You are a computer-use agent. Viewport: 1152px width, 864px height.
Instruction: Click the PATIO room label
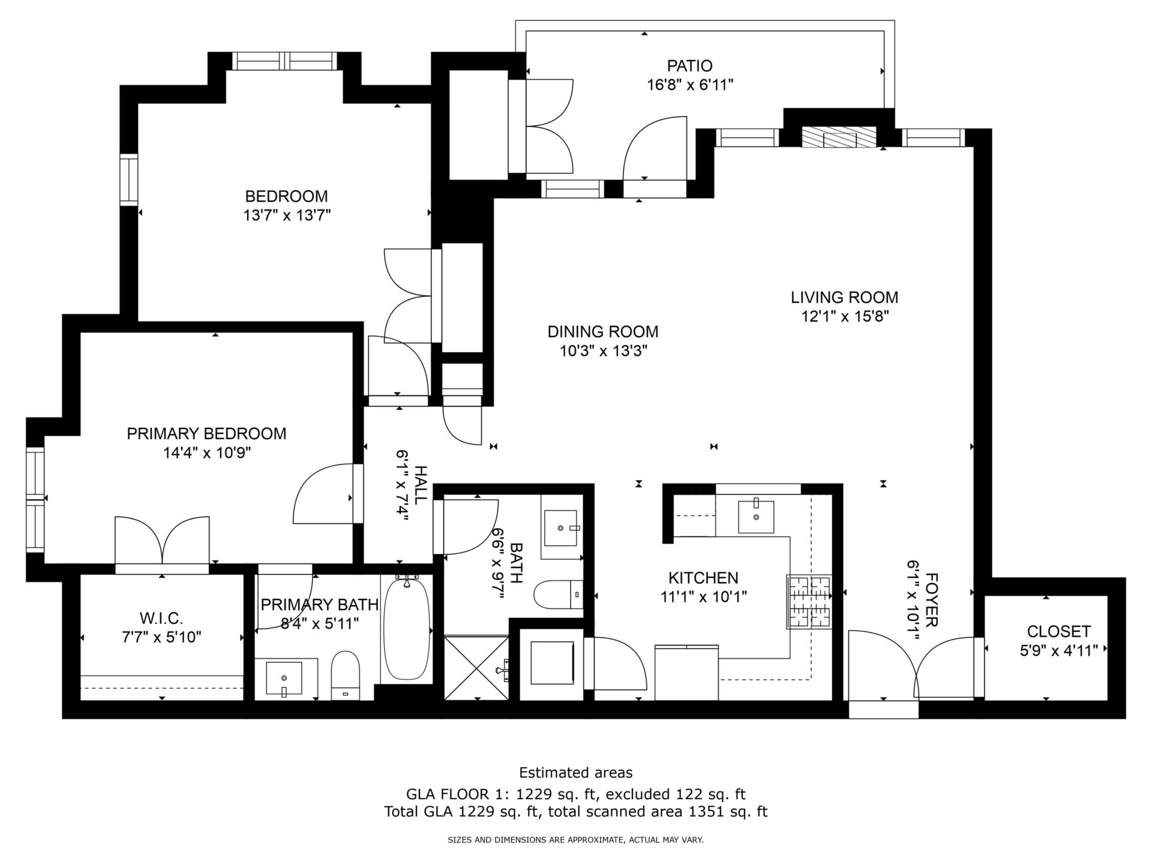pos(689,65)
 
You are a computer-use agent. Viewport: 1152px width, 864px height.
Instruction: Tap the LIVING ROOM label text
pos(844,297)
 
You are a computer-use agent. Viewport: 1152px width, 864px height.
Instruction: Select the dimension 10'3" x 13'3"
pos(604,351)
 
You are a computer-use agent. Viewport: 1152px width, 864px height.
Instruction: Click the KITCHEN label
pos(703,578)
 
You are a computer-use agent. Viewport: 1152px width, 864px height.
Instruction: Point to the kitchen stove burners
pos(808,601)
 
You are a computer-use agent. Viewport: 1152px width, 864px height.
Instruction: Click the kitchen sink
pos(755,515)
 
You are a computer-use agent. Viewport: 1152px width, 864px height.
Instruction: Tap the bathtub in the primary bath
pos(407,629)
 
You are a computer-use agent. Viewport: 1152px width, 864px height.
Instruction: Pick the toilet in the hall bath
pos(558,594)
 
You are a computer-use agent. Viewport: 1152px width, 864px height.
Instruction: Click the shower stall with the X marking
pos(476,667)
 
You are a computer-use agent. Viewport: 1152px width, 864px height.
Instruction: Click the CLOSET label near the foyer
pos(1058,631)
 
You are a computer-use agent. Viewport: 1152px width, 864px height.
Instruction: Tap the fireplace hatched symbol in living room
pos(839,137)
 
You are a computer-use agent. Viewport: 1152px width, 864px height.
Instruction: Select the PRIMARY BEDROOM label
pos(206,433)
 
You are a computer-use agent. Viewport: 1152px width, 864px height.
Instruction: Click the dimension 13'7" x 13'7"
pos(287,215)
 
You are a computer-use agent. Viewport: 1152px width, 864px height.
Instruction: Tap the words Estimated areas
pos(575,772)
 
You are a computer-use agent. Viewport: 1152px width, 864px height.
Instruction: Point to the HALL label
pos(421,484)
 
